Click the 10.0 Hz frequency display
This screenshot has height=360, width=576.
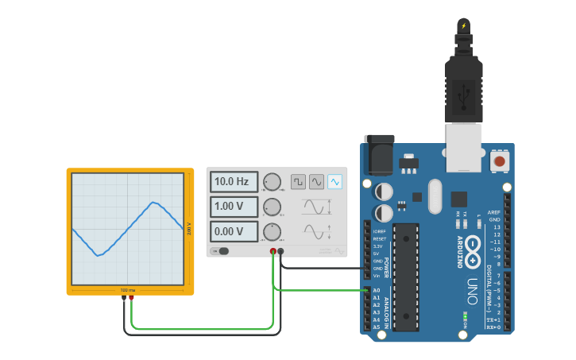(234, 182)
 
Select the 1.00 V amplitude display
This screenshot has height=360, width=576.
(234, 207)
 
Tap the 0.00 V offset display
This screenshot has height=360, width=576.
(234, 232)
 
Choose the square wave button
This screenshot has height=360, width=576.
(298, 182)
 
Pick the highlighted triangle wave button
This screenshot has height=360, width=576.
(334, 182)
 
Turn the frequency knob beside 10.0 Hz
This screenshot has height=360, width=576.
(273, 182)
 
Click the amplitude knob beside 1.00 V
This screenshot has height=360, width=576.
(273, 207)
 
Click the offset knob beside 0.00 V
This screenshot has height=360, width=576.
(273, 232)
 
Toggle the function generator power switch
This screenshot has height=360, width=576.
(220, 251)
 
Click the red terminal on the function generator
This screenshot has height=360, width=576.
(273, 251)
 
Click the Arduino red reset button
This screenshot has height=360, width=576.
(500, 161)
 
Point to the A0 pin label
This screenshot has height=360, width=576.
(377, 290)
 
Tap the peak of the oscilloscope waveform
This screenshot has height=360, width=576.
(153, 202)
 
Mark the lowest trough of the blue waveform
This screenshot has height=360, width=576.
(98, 255)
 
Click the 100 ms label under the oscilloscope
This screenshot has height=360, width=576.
(128, 290)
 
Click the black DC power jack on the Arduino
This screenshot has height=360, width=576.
(378, 154)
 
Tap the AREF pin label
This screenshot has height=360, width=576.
(494, 212)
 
